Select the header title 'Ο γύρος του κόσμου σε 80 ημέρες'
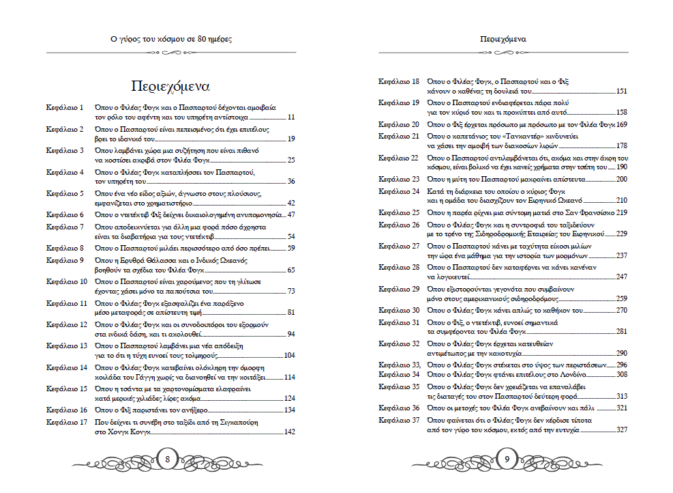pos(171,40)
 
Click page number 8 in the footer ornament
pos(168,460)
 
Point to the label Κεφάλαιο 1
pos(65,108)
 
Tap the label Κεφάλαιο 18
pos(399,81)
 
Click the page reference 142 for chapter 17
pos(289,432)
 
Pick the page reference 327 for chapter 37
pos(621,431)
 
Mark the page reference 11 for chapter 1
pos(291,117)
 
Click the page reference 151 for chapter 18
pos(621,91)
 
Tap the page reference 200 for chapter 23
pos(621,179)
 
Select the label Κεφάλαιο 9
pos(65,260)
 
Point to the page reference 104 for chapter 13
pos(289,355)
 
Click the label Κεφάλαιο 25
pos(399,212)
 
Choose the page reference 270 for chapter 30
pos(621,310)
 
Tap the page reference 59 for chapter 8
pos(291,248)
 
